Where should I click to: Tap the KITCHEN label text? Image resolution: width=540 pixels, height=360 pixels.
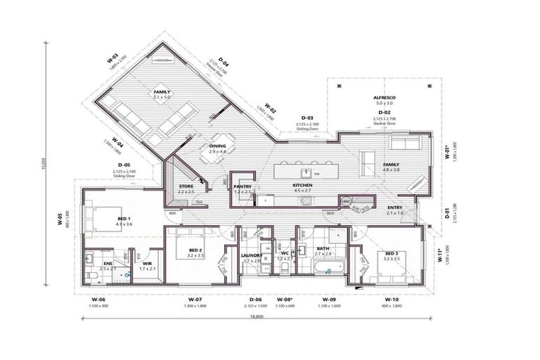(x=302, y=185)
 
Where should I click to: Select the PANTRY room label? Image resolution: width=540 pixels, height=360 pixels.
(x=243, y=186)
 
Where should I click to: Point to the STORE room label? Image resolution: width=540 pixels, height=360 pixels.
(x=186, y=186)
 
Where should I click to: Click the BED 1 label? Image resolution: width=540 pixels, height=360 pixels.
(x=124, y=219)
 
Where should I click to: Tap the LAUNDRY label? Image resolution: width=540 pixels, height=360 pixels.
(x=251, y=255)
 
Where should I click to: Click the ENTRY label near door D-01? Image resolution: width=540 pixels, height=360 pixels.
(x=394, y=207)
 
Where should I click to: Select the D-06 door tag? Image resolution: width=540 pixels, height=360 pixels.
(x=255, y=300)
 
